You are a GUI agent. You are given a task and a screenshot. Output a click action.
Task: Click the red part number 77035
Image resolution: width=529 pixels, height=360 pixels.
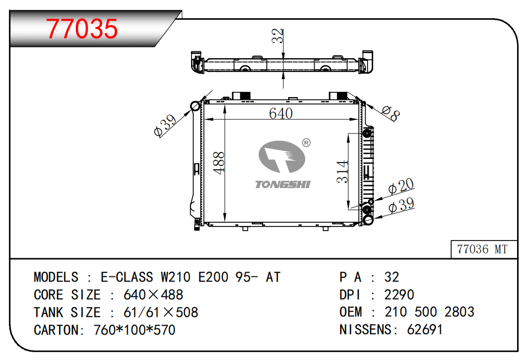click(82, 29)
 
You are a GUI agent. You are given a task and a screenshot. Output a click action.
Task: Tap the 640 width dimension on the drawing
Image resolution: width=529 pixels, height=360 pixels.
click(281, 113)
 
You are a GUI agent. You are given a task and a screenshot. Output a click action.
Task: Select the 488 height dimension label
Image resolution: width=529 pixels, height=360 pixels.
click(219, 163)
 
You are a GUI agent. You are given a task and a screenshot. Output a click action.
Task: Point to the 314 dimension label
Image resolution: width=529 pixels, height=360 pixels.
click(342, 171)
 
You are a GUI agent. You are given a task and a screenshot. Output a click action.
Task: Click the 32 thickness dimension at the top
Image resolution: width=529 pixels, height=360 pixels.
click(277, 36)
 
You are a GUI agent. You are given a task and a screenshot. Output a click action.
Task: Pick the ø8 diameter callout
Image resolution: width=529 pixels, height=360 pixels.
click(391, 113)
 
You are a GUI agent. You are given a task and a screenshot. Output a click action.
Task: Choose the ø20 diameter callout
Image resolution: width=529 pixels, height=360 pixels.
click(401, 186)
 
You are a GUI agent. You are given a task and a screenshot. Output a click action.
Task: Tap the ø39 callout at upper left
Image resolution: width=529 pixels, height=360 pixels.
click(165, 126)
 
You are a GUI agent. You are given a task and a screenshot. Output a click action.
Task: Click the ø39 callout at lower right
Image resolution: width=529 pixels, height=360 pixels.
click(401, 205)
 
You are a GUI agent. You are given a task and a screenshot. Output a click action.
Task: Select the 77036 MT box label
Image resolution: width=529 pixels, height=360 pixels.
click(482, 249)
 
